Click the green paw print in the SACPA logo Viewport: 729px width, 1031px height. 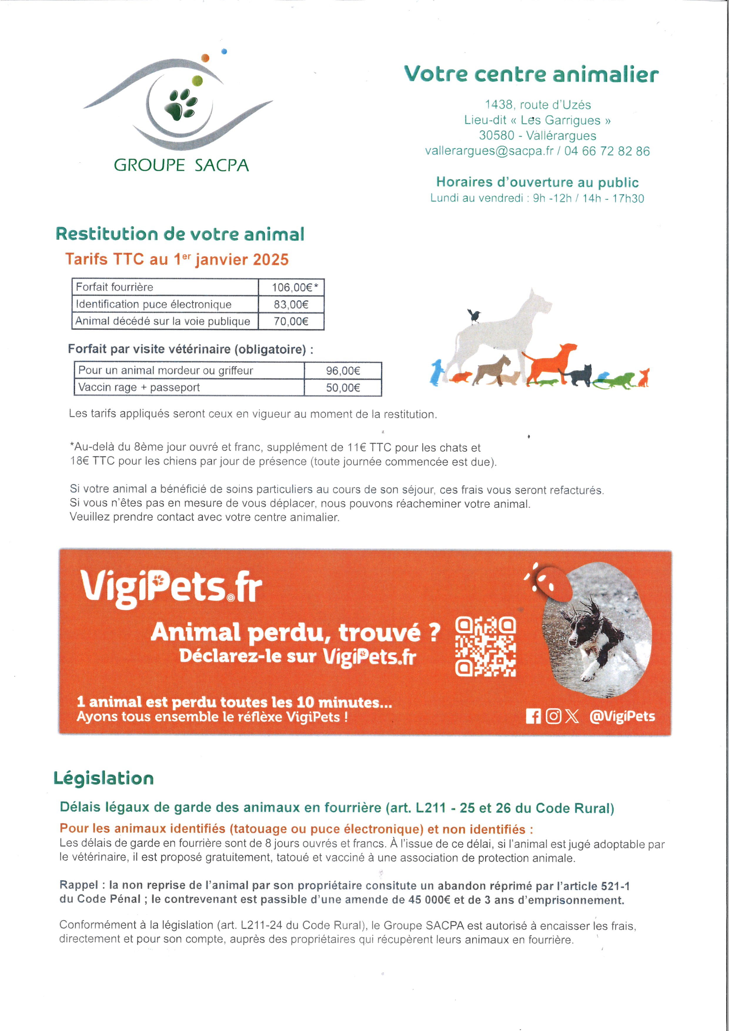pos(182,105)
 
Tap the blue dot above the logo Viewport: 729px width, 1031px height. pos(225,52)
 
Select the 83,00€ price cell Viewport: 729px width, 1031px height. pos(291,305)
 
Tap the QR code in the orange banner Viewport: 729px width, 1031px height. pos(486,647)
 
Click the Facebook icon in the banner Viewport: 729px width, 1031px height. pos(533,716)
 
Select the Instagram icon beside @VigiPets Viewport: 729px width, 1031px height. pos(553,716)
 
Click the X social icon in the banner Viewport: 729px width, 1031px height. pos(572,716)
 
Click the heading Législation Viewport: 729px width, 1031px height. pos(104,778)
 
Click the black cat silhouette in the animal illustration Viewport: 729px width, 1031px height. pos(580,375)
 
